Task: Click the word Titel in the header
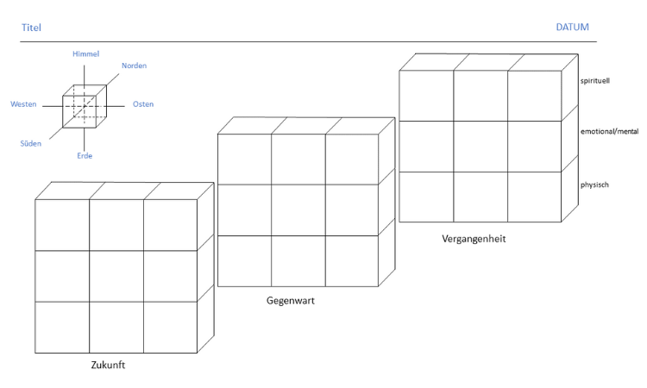point(31,28)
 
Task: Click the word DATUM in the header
point(573,28)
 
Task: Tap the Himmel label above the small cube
point(85,54)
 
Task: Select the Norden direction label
point(134,66)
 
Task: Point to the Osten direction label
point(143,104)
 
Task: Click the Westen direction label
point(23,104)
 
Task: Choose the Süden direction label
point(30,143)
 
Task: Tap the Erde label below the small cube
point(84,156)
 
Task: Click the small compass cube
point(84,103)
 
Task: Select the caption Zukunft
point(109,366)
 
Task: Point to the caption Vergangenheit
point(474,239)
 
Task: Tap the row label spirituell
point(596,81)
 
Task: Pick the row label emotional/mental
point(609,131)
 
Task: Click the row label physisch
point(595,185)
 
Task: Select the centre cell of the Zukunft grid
point(116,276)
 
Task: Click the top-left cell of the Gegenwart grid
point(244,160)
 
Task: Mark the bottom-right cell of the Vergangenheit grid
point(534,197)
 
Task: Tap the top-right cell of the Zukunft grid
point(170,224)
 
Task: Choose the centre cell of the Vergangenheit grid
point(481,147)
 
